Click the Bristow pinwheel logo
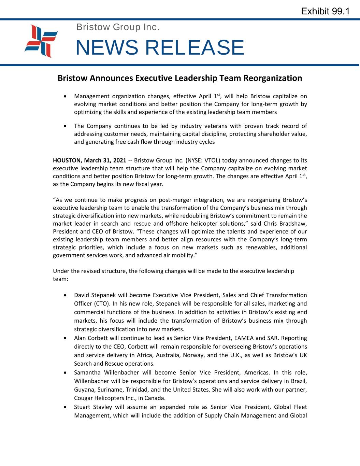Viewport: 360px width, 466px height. [41, 41]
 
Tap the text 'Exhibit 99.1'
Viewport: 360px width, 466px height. [325, 11]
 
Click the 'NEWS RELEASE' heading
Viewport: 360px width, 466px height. [160, 47]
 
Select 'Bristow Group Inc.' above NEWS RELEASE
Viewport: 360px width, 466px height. [118, 27]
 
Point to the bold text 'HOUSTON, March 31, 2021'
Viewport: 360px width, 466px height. [90, 160]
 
